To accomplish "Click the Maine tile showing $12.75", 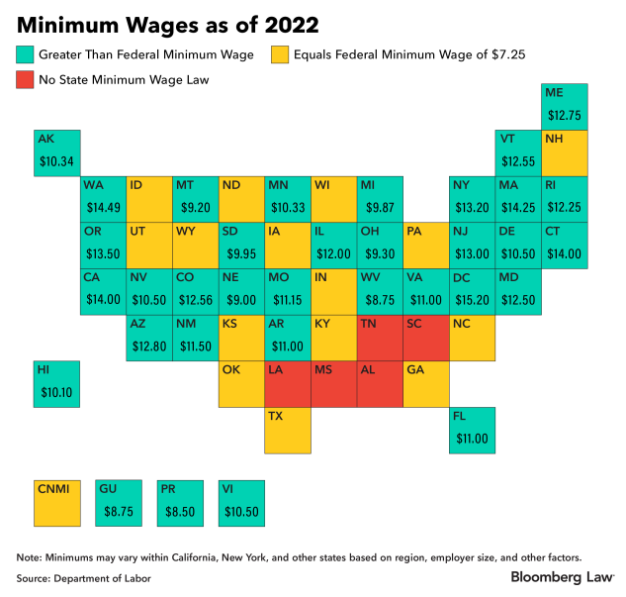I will point(566,106).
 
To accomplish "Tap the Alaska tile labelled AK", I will point(57,151).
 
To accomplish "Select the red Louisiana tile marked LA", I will point(288,383).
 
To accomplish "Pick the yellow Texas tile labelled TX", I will point(288,429).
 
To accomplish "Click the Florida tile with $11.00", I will point(473,429).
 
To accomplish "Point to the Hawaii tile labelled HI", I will point(57,383).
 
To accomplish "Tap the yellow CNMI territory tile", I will point(57,502).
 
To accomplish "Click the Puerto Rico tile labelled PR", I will point(180,502).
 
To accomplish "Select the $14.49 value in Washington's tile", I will point(103,207).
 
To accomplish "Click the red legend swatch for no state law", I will point(26,80).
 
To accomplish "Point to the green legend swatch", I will point(26,53).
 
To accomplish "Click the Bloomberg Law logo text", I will point(559,576).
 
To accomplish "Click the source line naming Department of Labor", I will point(83,577).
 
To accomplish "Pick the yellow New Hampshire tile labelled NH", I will point(566,151).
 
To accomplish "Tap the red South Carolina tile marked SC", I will point(426,337).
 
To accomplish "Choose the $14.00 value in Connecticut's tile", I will point(566,253).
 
